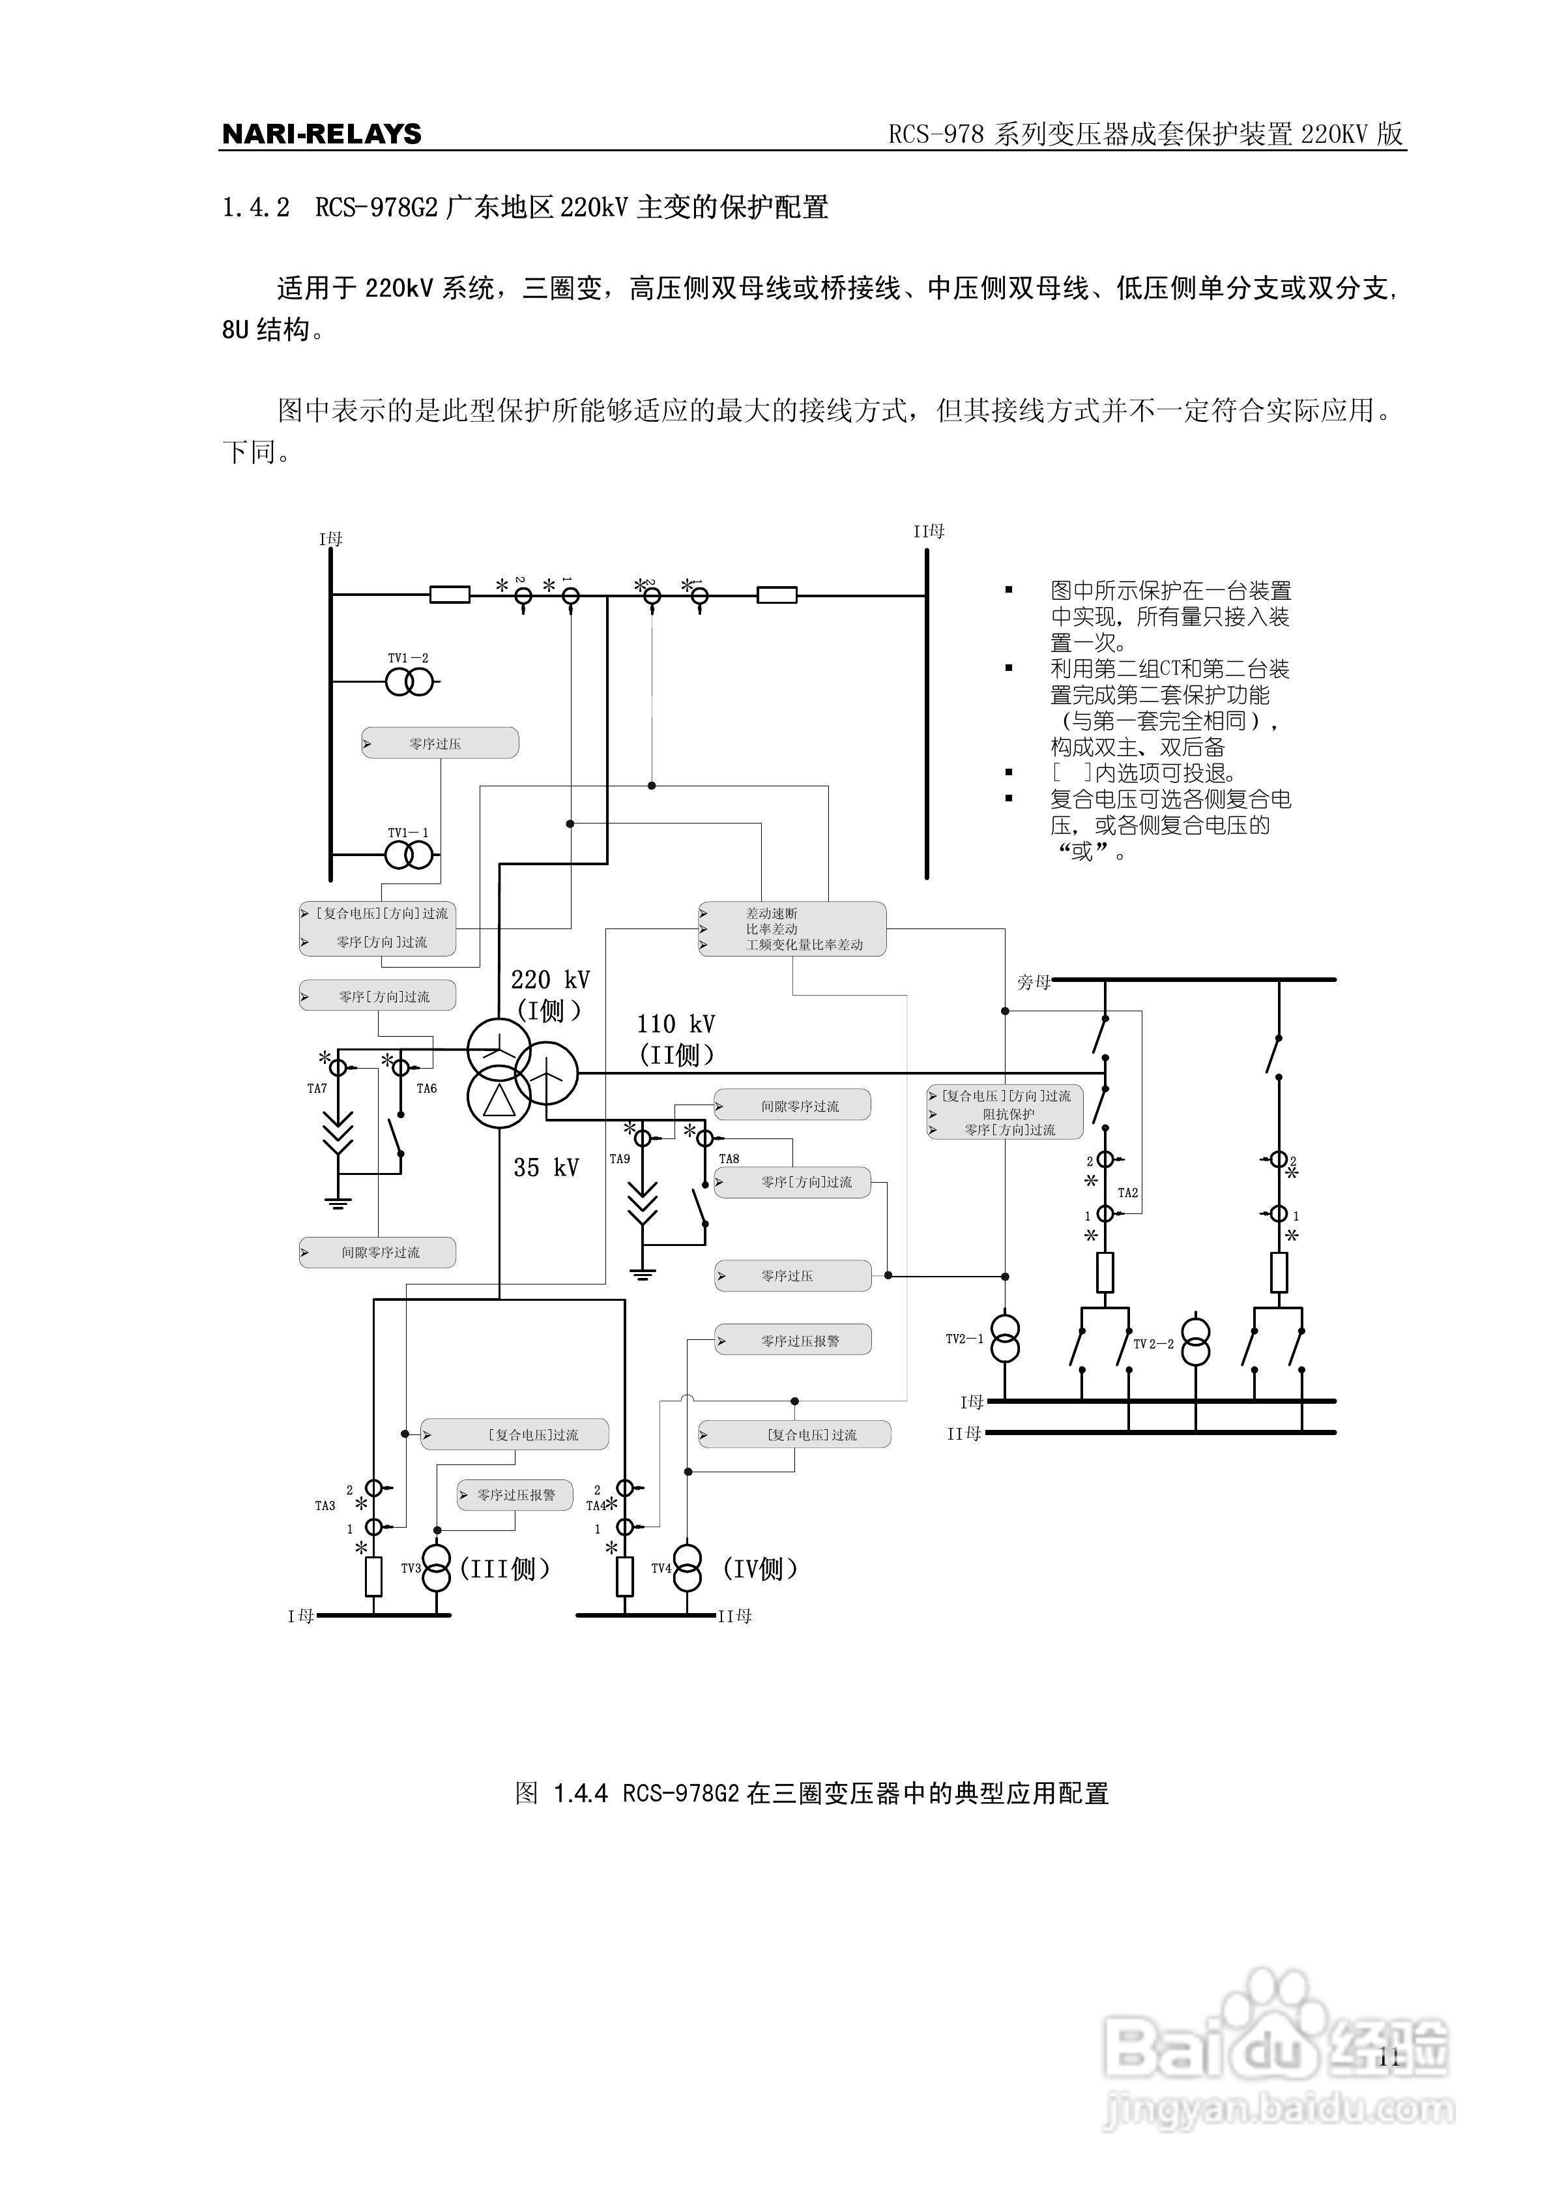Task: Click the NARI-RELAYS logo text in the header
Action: pos(321,134)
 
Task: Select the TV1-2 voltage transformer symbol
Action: pos(409,682)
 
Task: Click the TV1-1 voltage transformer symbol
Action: pos(409,854)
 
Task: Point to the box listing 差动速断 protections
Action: pos(792,928)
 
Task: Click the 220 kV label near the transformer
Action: pos(550,979)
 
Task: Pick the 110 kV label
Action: pos(675,1024)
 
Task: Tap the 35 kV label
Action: pos(546,1168)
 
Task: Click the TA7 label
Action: pos(317,1088)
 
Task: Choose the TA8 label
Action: pos(729,1158)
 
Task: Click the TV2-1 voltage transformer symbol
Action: pos(1004,1338)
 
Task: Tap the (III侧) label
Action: pos(505,1569)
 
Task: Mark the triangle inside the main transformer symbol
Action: pos(498,1103)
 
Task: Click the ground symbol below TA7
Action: pos(338,1202)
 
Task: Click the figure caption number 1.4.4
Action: pos(581,1793)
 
